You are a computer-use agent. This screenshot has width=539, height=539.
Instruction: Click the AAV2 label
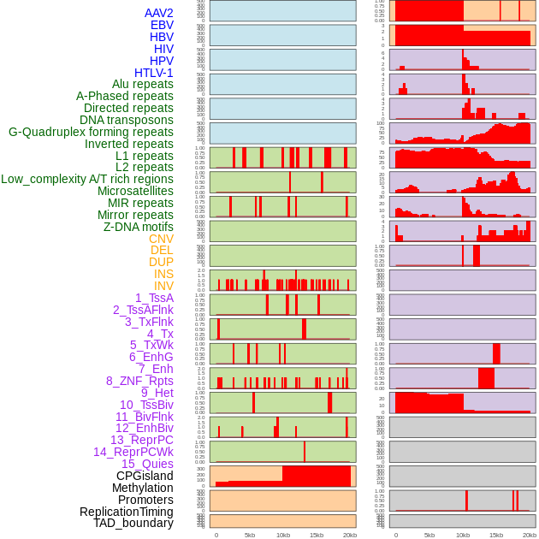[x=158, y=13]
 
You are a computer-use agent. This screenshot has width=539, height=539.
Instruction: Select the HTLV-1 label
[x=154, y=73]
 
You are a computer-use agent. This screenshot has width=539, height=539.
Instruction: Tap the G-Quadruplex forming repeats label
[x=91, y=132]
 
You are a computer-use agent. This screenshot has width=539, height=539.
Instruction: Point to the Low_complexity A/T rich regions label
[x=87, y=179]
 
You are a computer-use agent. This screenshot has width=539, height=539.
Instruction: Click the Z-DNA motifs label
[x=139, y=227]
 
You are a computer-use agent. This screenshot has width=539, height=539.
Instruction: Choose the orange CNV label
[x=161, y=239]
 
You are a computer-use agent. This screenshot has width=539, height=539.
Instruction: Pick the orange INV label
[x=163, y=286]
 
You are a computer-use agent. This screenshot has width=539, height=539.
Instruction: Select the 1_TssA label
[x=154, y=298]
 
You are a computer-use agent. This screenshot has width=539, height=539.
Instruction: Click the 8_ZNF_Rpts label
[x=139, y=381]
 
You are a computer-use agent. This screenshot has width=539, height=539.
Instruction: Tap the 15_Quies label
[x=147, y=464]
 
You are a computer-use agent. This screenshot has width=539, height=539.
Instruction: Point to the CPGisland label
[x=145, y=476]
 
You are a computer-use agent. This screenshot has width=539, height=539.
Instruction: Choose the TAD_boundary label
[x=133, y=523]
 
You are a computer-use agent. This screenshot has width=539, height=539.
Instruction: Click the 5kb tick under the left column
[x=250, y=535]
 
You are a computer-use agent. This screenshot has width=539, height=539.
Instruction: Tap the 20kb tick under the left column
[x=350, y=535]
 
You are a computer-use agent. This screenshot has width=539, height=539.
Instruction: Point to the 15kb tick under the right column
[x=496, y=535]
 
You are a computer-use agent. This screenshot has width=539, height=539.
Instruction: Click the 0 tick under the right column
[x=395, y=535]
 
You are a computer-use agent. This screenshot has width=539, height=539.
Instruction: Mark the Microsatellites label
[x=135, y=191]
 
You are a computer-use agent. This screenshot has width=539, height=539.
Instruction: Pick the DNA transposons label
[x=127, y=120]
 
